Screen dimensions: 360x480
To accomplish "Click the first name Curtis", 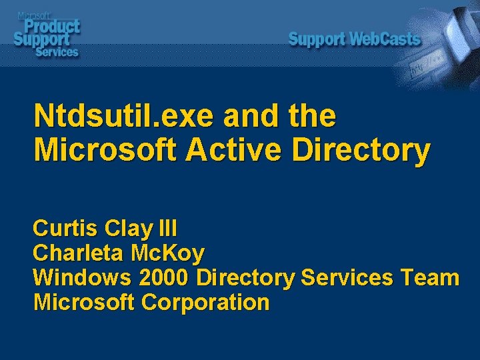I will pos(66,229).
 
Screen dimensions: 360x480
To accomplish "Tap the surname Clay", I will pos(130,229).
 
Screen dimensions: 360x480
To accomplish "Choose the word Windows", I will pos(83,278).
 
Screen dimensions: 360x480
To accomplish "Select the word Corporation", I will pos(205,302).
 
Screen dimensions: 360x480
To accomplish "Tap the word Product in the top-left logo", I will pos(53,26).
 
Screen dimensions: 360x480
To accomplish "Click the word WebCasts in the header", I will pos(385,39).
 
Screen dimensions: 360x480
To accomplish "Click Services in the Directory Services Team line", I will pos(347,278).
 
